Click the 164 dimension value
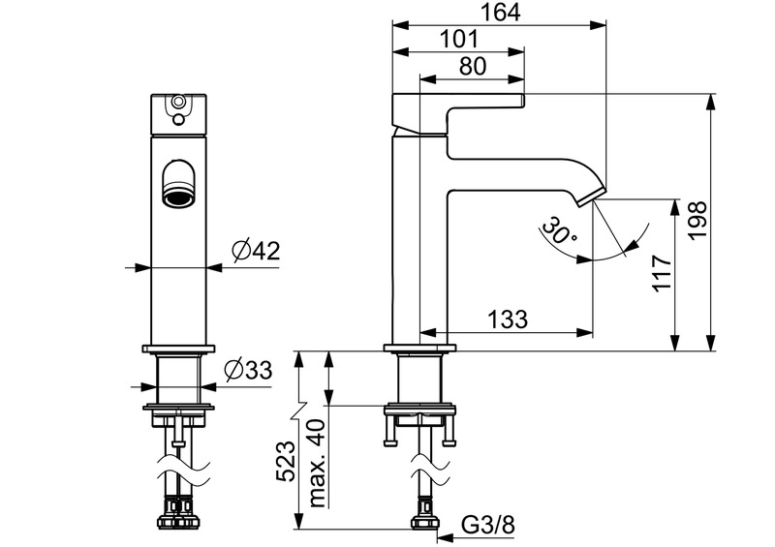501,13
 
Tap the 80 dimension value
470,67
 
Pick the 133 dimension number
508,318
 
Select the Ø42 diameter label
255,252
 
